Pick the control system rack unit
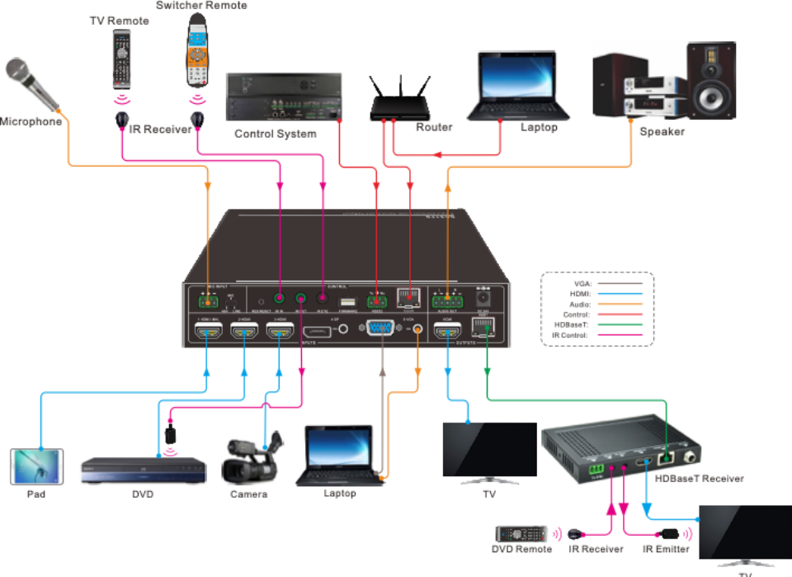[284, 100]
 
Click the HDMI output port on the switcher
[449, 333]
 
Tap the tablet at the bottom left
[35, 466]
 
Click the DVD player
[142, 470]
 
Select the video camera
[251, 462]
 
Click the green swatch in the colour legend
[625, 329]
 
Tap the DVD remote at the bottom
[521, 535]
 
